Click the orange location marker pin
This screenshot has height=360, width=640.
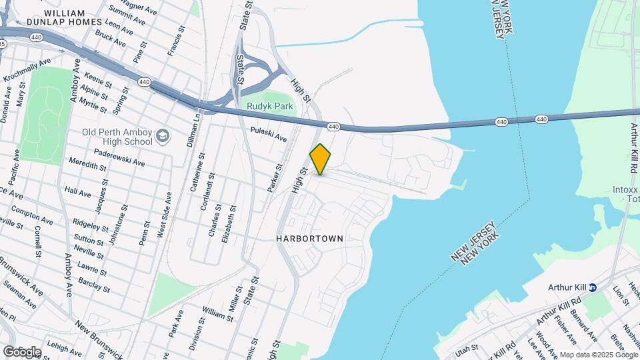320,159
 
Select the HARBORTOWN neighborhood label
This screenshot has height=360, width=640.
310,238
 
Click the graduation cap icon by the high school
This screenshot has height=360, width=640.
163,137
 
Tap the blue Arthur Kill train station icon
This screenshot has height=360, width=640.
592,287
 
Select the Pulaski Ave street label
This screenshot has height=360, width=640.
269,135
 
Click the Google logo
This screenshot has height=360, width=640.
22,351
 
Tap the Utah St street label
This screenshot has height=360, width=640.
467,348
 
